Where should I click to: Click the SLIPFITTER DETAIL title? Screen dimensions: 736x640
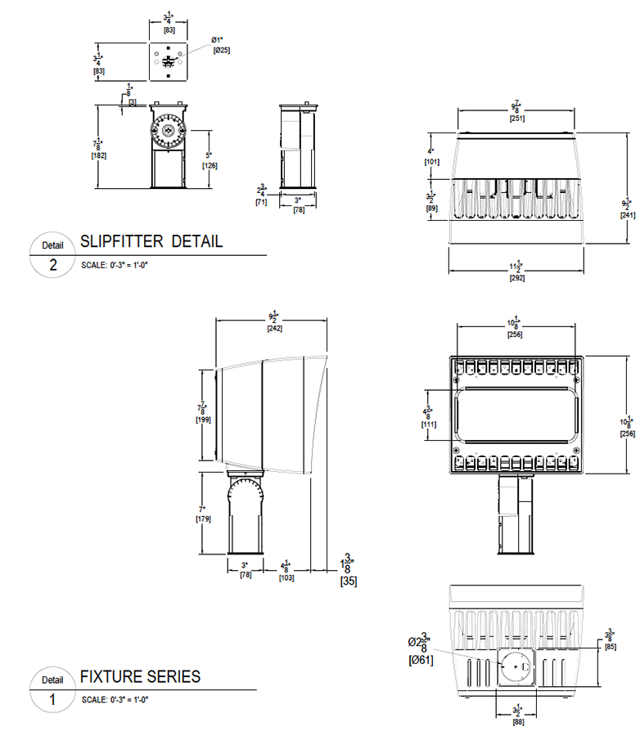point(151,242)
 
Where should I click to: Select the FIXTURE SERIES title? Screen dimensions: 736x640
point(140,676)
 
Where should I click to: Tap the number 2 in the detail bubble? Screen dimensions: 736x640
point(52,266)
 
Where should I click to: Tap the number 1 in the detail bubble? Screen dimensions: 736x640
point(52,700)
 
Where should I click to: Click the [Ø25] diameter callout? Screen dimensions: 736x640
point(222,51)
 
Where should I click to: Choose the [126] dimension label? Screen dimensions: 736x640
point(209,166)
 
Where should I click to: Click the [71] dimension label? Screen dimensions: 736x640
point(261,201)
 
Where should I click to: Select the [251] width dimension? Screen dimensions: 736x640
point(516,119)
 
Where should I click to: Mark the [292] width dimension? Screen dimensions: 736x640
point(516,278)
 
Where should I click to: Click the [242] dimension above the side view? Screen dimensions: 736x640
point(274,329)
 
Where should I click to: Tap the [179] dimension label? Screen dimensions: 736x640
point(203,519)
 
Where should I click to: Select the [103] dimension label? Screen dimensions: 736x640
point(286,577)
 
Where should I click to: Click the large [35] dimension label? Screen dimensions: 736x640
point(348,582)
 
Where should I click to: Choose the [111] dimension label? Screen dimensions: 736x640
point(427,425)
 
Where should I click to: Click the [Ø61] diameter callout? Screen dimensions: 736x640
point(421,660)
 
